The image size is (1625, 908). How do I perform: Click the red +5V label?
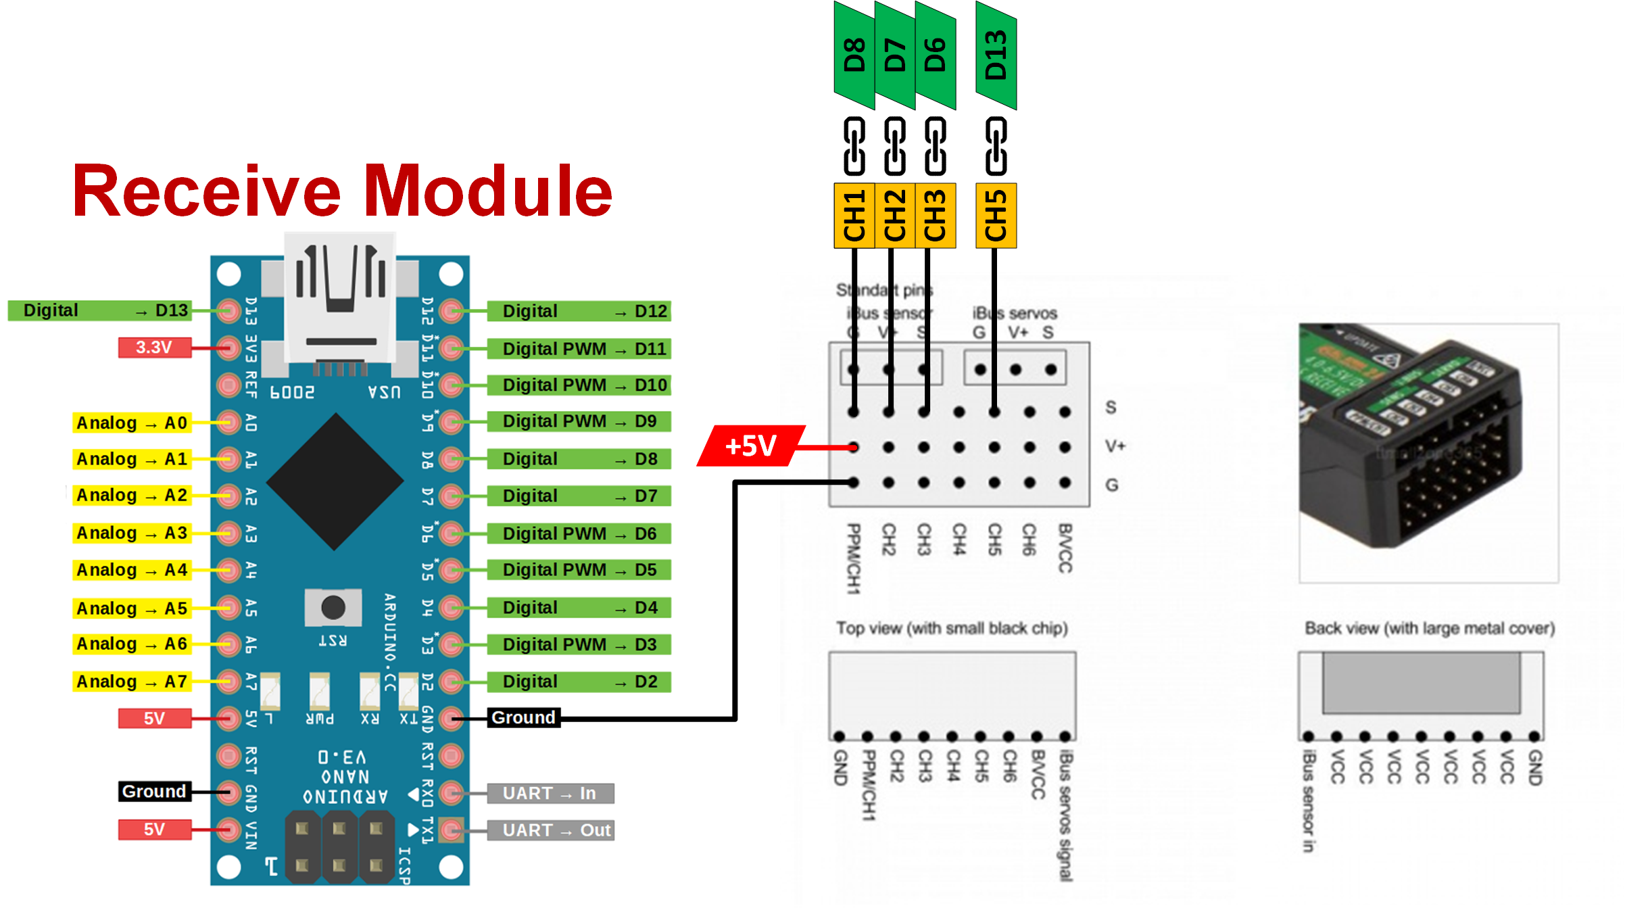pos(750,446)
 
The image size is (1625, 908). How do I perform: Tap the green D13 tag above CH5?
pos(996,55)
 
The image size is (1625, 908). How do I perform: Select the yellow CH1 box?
pos(854,216)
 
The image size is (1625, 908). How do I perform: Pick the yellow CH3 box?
pos(936,216)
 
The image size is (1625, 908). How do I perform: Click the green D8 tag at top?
pos(854,55)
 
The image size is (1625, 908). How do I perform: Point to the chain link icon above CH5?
pos(996,146)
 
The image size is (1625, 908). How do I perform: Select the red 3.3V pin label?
pos(154,348)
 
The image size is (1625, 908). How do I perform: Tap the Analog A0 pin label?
pos(132,423)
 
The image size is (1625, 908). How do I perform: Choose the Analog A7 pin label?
pos(132,682)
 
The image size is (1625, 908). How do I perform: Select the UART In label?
pos(550,793)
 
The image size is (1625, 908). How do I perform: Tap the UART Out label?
pos(550,830)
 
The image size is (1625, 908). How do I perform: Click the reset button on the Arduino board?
pos(333,607)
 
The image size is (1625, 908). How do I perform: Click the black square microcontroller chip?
pos(335,481)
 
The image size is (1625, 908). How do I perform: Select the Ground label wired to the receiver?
pos(524,718)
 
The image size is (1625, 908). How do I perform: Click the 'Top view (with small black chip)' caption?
pos(952,629)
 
